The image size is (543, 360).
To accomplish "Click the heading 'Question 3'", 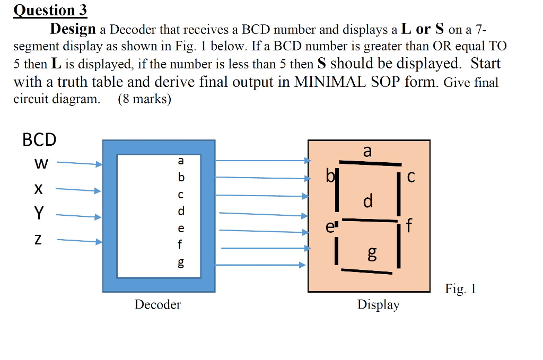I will coord(50,10).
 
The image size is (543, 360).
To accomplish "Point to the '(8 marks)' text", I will coord(144,99).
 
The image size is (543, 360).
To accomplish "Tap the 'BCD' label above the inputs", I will coord(39,140).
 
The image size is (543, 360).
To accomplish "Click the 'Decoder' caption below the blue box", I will coord(157,304).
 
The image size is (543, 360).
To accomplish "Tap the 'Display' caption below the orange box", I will coord(378,305).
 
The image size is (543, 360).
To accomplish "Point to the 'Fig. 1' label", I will coord(460,289).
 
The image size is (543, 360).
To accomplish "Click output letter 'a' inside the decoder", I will coord(180,160).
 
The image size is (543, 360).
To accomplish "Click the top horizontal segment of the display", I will coord(370,163).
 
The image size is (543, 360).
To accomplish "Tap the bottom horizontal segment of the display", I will coord(366,271).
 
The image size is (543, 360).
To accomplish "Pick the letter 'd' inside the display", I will coord(368,201).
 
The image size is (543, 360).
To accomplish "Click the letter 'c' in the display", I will coord(411,178).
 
